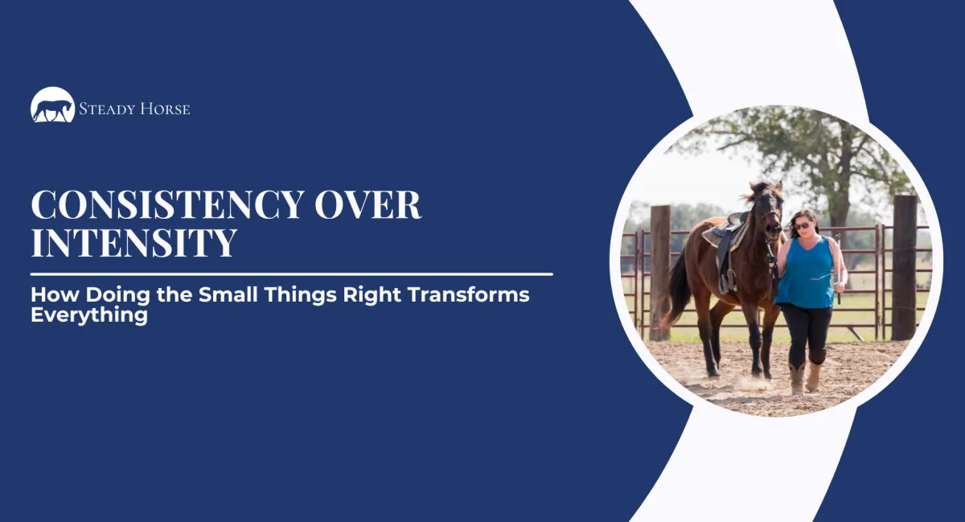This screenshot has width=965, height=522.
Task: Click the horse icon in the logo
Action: click(53, 106)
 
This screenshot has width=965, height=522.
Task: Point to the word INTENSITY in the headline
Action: click(133, 243)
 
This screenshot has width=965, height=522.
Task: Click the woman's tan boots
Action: click(805, 376)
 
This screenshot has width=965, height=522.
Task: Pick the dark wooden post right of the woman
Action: click(904, 265)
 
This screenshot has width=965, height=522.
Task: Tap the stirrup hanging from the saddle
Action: click(726, 281)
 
